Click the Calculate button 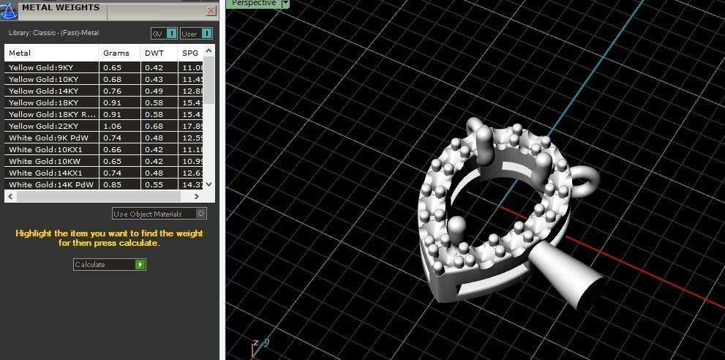109,264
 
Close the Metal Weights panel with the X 211,11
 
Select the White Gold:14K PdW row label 51,184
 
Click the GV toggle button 164,34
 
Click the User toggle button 196,34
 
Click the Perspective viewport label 253,4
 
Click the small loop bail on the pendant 586,178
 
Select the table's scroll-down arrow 209,184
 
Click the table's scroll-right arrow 196,196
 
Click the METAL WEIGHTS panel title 61,8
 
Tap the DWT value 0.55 154,184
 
